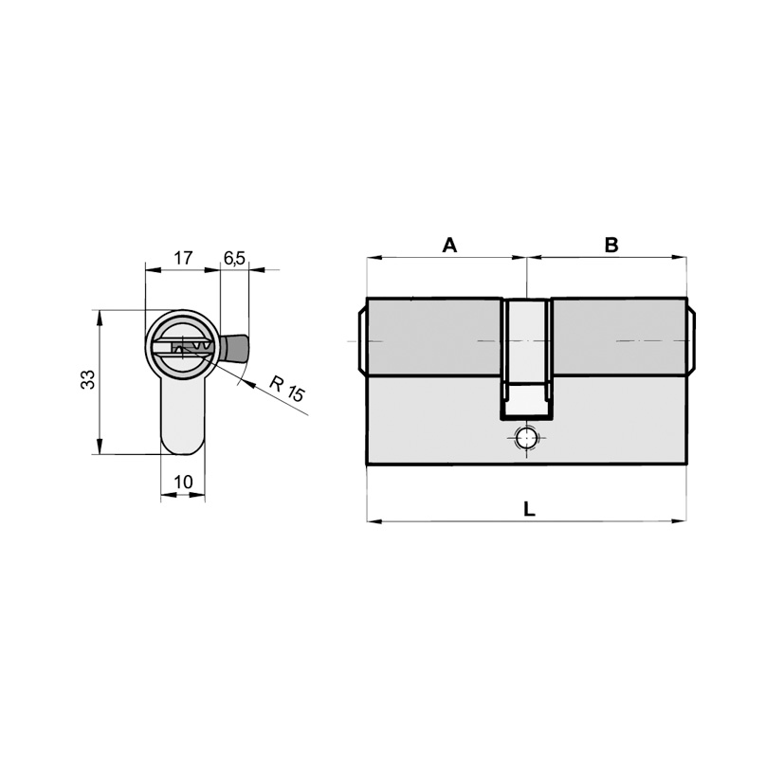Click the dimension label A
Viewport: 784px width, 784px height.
(449, 245)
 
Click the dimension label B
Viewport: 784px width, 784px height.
(611, 245)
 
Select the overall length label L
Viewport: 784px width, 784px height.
(529, 509)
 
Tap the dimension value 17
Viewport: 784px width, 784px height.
(183, 258)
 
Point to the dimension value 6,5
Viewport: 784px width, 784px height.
(234, 258)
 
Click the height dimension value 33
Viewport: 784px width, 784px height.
(88, 379)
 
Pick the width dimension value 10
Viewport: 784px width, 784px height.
(183, 482)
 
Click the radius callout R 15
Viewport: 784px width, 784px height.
(287, 388)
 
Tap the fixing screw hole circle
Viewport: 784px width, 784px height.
(526, 440)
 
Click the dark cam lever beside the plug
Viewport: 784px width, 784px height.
(234, 348)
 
